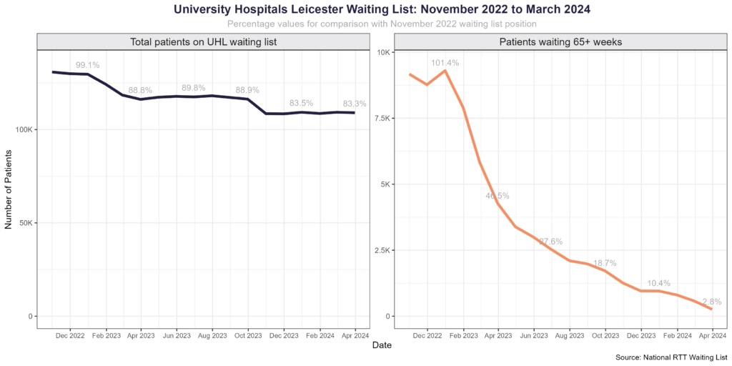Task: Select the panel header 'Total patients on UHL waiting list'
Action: click(203, 42)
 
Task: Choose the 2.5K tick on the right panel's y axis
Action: click(379, 250)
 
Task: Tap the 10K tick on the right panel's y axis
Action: click(382, 53)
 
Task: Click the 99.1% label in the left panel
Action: click(87, 65)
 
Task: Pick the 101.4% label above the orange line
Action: click(445, 63)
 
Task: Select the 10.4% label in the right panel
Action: click(658, 283)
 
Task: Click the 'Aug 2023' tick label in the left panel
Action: click(212, 335)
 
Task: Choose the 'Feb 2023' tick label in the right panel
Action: click(463, 335)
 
